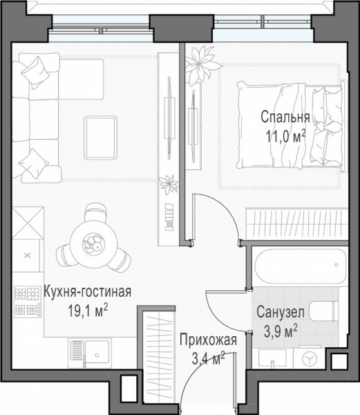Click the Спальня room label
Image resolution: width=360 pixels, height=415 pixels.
point(285,118)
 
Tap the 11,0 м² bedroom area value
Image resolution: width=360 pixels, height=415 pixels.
point(285,137)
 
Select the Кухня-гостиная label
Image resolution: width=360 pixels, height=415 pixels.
point(87,292)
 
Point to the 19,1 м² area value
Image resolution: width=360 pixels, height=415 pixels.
point(88,310)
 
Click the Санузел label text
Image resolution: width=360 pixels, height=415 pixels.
point(281,312)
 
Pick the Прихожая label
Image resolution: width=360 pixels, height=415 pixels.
point(208,340)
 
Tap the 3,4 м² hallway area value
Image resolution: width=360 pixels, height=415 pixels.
point(208,358)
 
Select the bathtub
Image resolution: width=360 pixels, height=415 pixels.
point(301,266)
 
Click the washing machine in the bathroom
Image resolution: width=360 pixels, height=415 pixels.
point(310,359)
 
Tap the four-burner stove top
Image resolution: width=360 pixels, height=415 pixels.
point(28,302)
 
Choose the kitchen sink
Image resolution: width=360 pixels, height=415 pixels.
point(90,353)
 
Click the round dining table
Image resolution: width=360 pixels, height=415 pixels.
point(94,243)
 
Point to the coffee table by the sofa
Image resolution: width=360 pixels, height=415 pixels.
point(100,138)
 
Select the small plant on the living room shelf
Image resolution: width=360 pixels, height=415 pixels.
point(168,185)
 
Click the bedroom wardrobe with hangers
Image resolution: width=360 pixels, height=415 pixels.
point(297,224)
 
